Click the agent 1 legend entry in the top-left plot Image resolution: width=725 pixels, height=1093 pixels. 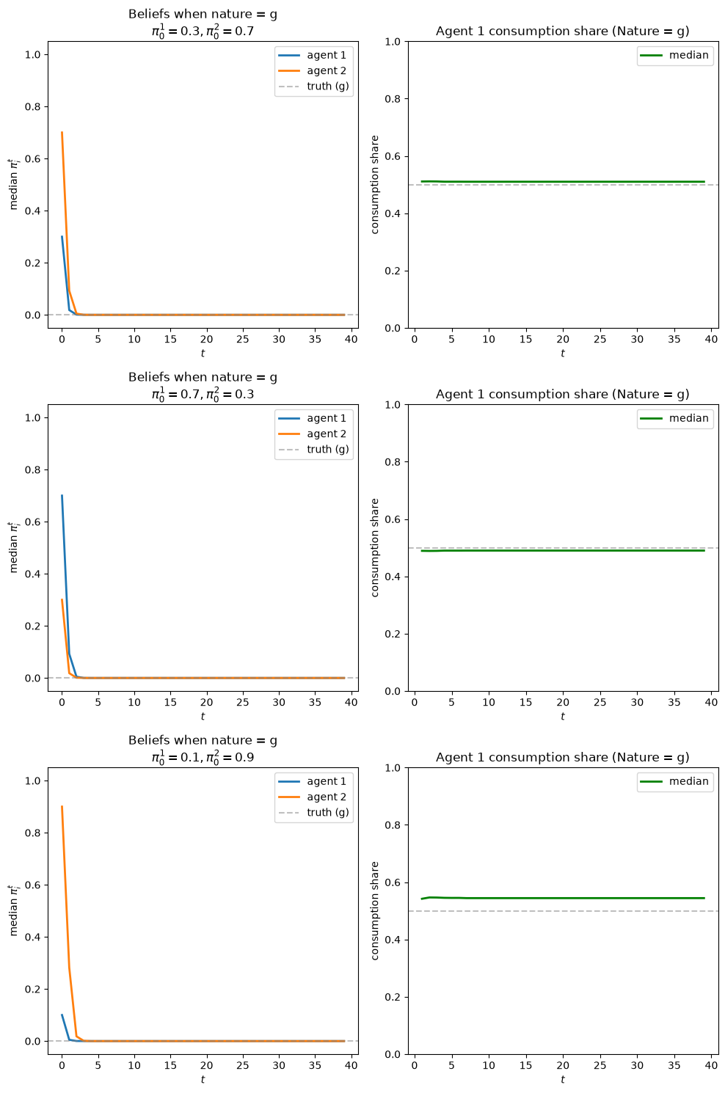click(313, 55)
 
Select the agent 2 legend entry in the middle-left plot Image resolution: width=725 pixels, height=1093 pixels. click(313, 434)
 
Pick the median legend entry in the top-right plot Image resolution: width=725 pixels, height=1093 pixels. click(674, 55)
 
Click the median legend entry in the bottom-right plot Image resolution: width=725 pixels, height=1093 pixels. click(674, 781)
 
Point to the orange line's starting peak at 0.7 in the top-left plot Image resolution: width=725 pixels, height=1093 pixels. click(62, 132)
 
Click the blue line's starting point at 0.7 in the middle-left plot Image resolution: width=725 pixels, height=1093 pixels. click(62, 495)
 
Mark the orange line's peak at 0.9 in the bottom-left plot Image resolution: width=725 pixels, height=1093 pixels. click(62, 806)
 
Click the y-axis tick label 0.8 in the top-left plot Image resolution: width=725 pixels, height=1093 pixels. click(33, 106)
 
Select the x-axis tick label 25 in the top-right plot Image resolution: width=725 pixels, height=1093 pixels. click(600, 339)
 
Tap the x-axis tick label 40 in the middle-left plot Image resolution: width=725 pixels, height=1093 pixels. click(351, 702)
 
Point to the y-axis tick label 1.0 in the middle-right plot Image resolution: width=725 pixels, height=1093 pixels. click(393, 404)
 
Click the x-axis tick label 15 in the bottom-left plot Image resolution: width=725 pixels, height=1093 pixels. click(170, 1065)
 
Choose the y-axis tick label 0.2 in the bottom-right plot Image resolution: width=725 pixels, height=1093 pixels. click(393, 997)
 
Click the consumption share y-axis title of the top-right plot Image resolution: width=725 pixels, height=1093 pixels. click(374, 185)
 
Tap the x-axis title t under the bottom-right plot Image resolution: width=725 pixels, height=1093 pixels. click(562, 1079)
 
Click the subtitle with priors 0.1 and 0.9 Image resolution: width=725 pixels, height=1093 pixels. click(203, 757)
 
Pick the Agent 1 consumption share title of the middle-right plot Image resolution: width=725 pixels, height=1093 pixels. click(562, 394)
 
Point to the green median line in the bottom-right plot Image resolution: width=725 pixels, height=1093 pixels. click(563, 898)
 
